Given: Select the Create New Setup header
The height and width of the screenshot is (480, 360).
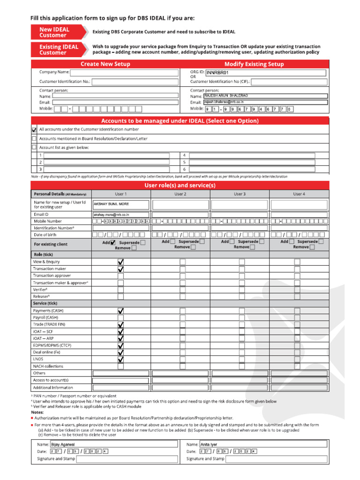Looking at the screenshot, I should click(x=105, y=64).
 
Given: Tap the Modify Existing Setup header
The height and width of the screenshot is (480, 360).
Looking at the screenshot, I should click(x=254, y=64).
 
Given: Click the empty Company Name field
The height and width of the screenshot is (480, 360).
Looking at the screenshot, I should click(x=124, y=73).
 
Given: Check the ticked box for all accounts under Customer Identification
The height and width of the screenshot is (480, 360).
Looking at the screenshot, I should click(x=34, y=129).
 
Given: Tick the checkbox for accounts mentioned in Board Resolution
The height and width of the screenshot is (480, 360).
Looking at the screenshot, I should click(x=34, y=139).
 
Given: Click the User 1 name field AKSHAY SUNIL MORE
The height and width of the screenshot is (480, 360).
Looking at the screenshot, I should click(x=121, y=204).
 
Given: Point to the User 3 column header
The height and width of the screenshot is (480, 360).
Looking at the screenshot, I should click(x=240, y=194).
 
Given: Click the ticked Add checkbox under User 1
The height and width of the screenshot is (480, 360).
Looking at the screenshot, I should click(x=112, y=242).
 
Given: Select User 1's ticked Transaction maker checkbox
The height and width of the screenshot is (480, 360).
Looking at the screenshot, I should click(x=120, y=269).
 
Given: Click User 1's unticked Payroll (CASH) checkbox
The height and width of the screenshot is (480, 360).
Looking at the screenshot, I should click(x=120, y=317).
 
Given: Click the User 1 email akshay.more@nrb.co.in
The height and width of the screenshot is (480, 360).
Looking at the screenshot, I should click(x=121, y=214).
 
